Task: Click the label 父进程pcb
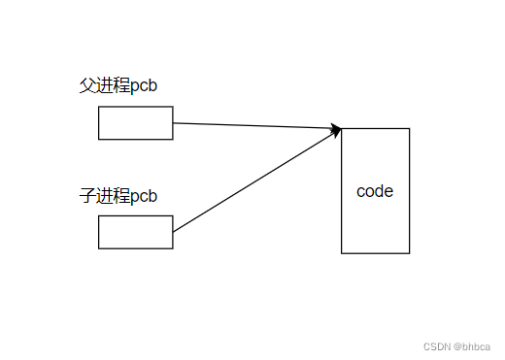click(x=118, y=85)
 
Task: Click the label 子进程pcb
click(x=118, y=196)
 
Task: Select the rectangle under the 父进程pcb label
click(x=135, y=123)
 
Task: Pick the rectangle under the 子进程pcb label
click(x=135, y=233)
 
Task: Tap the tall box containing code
click(x=375, y=223)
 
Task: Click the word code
click(x=375, y=191)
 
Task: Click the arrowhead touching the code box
click(x=336, y=129)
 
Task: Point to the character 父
click(x=86, y=85)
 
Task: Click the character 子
click(x=86, y=196)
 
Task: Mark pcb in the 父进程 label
click(x=144, y=86)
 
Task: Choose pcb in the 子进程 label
click(x=144, y=197)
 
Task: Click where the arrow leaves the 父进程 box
click(x=174, y=123)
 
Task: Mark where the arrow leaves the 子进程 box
click(x=174, y=233)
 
